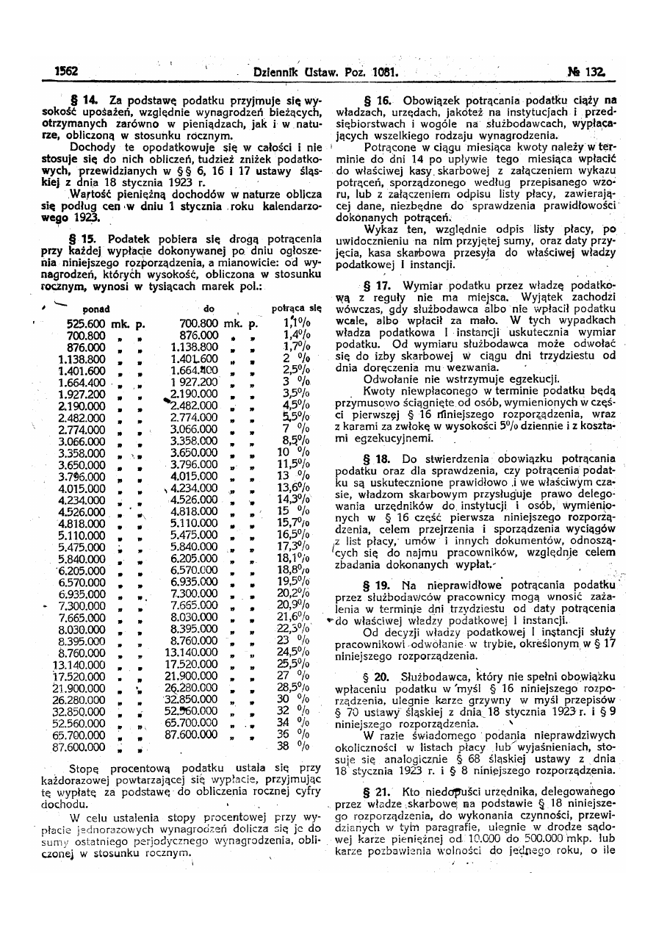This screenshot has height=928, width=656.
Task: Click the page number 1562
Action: coord(67,72)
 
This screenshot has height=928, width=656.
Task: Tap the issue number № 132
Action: coord(585,72)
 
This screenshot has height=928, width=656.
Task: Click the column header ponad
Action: coord(96,308)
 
